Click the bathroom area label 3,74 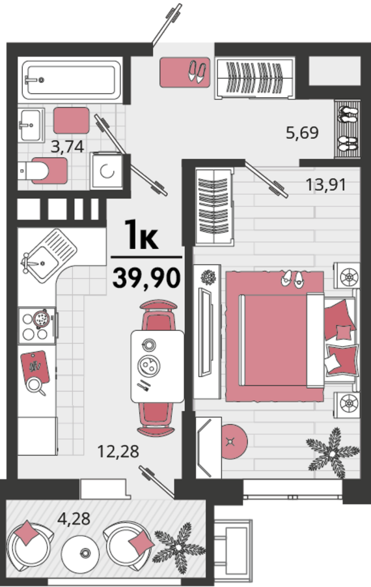tap(67, 147)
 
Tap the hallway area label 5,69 tap(302, 133)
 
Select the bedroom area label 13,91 tap(325, 184)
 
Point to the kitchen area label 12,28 tap(118, 451)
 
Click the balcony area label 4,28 tap(74, 519)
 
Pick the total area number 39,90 tap(146, 278)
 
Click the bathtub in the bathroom tap(71, 80)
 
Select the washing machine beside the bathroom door tap(107, 171)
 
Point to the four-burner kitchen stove tap(37, 326)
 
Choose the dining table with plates tap(157, 367)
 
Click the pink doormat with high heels tap(185, 72)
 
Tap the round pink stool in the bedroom tap(234, 442)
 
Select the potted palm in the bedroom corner tap(333, 453)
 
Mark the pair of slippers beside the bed tap(292, 279)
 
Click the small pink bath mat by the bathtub tap(72, 121)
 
